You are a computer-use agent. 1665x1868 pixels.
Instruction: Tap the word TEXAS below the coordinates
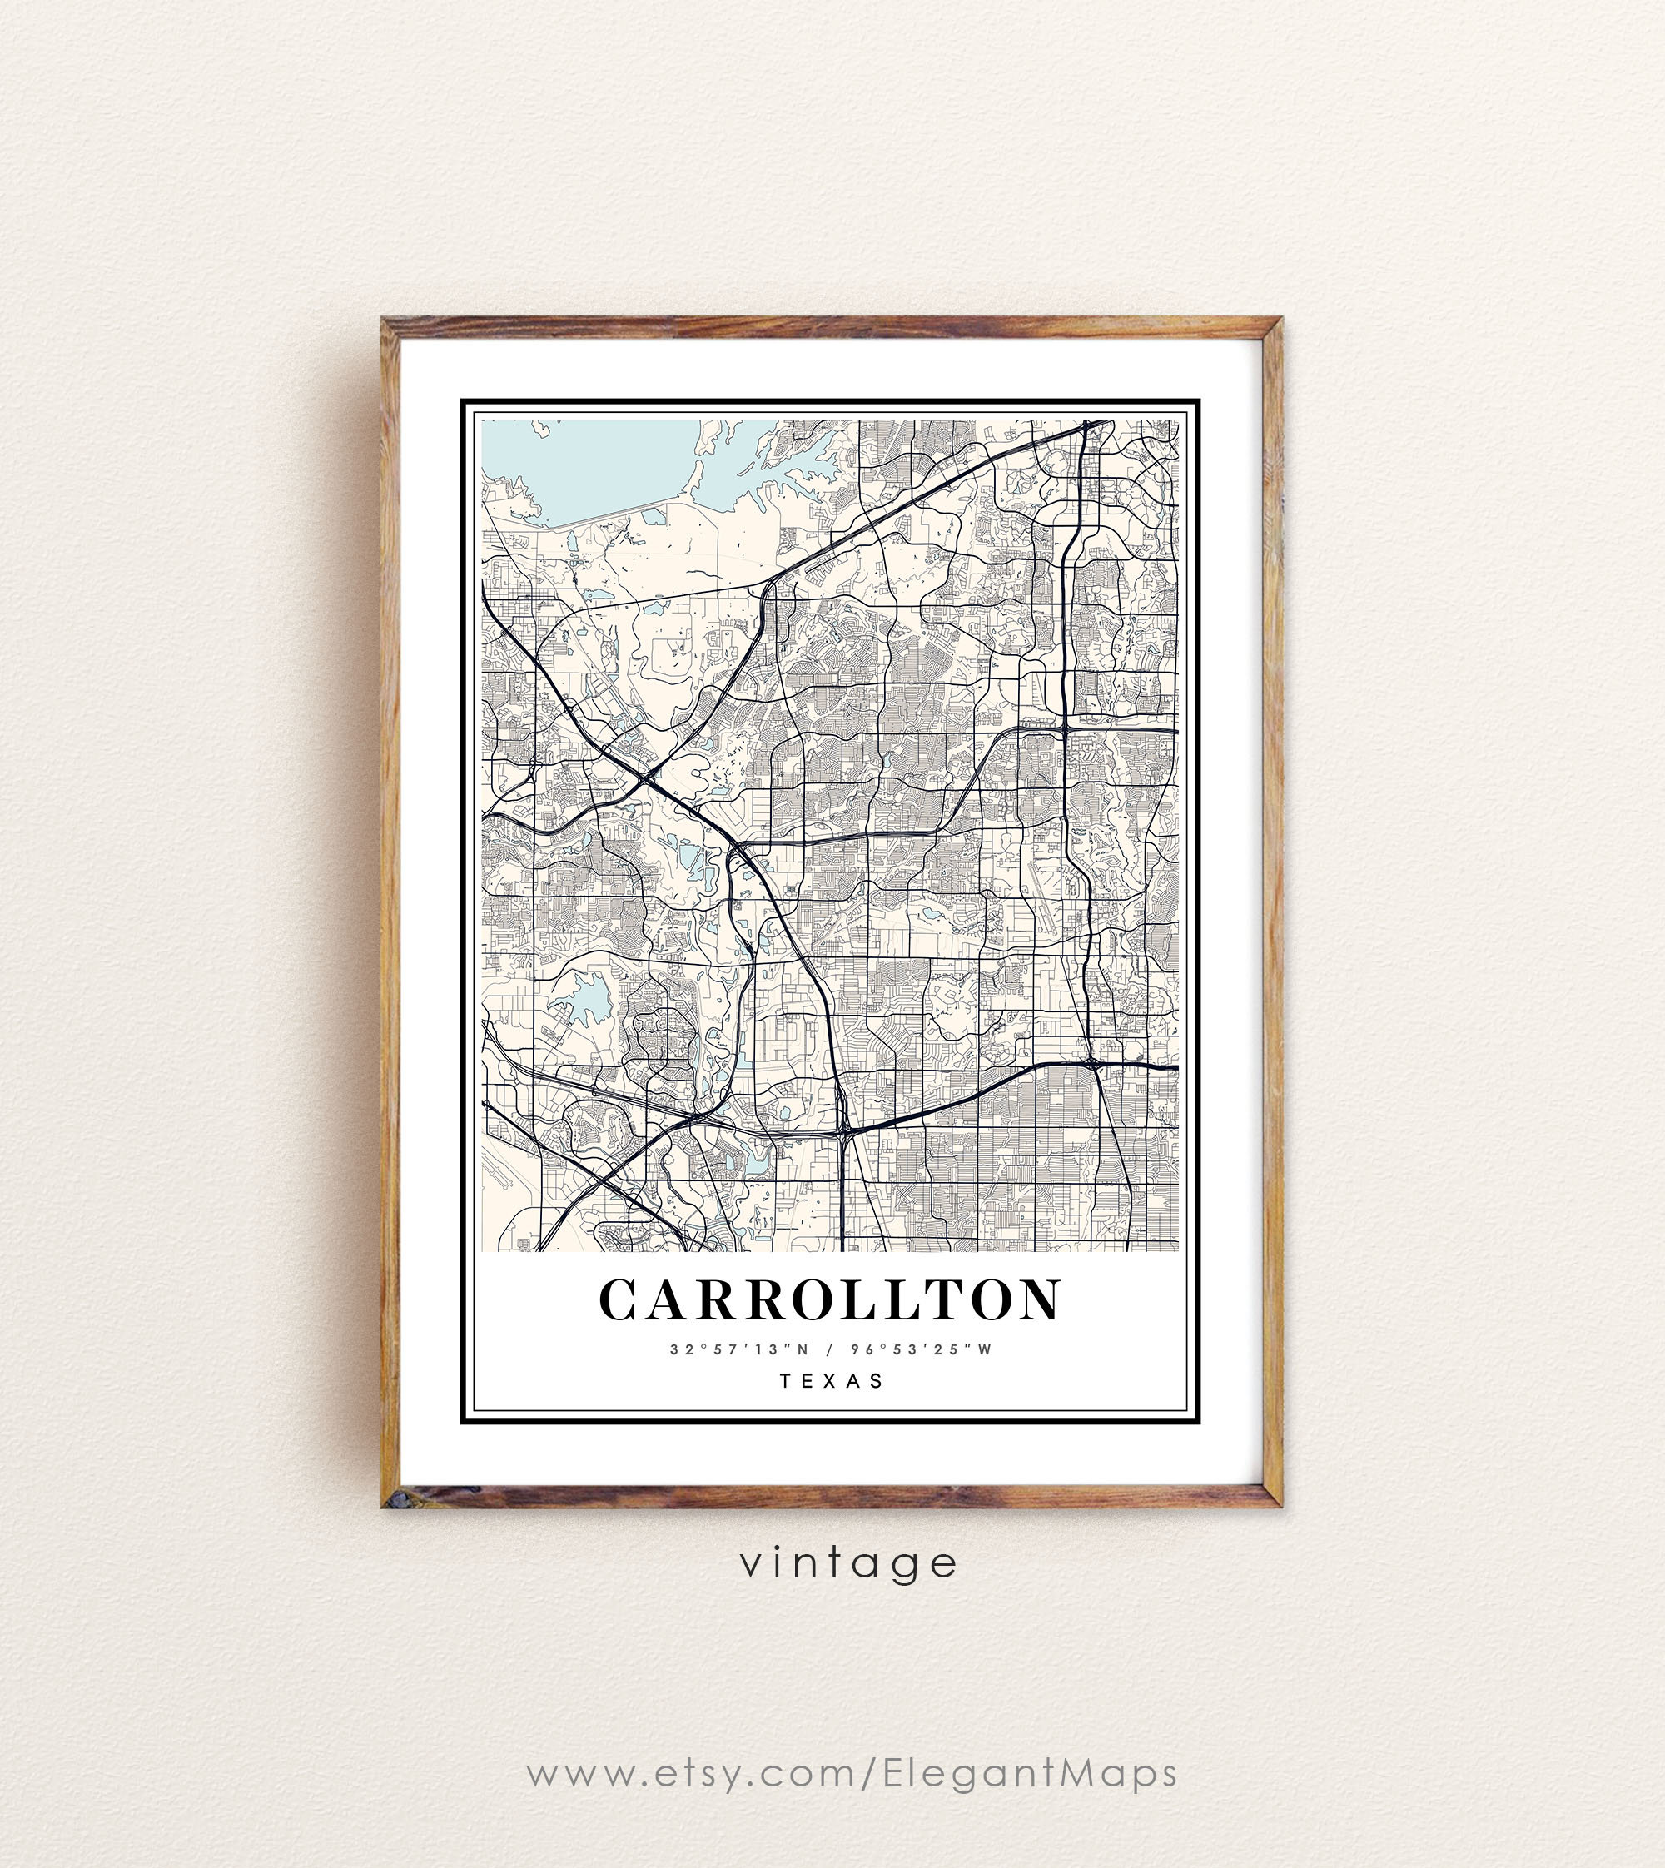coord(832,1380)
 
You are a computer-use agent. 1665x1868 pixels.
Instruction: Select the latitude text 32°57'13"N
coord(730,1349)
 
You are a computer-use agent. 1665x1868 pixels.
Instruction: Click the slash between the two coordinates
coord(826,1349)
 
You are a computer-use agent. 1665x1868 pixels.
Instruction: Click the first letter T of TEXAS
coord(787,1380)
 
